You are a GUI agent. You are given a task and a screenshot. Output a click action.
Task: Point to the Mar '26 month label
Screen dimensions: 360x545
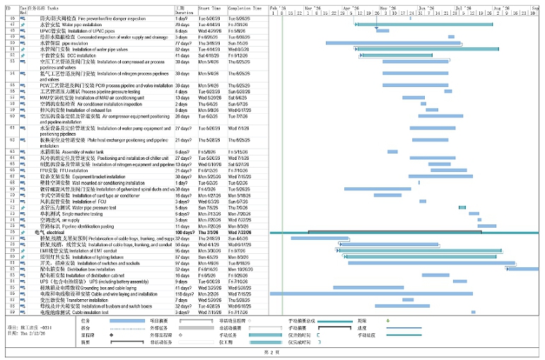313,8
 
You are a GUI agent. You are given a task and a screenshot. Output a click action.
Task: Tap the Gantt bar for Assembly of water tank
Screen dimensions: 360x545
392,151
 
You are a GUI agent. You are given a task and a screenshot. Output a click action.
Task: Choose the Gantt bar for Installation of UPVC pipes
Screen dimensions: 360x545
382,30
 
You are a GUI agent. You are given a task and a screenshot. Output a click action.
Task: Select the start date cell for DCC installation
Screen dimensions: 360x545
211,55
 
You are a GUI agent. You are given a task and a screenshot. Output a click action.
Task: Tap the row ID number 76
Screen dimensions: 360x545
13,231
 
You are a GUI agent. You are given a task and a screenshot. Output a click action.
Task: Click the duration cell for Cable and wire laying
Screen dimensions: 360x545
184,293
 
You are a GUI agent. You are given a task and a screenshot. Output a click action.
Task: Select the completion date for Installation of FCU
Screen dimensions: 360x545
240,201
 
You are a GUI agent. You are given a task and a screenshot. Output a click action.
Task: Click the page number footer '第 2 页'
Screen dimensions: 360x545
272,352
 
